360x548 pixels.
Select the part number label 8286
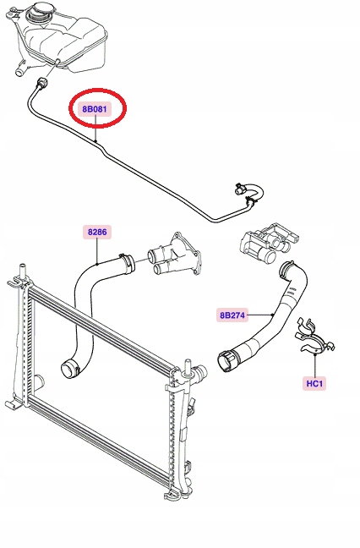(97, 231)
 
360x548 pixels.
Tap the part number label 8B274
(232, 315)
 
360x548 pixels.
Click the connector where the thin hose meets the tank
(40, 82)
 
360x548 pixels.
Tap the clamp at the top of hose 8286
(124, 261)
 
